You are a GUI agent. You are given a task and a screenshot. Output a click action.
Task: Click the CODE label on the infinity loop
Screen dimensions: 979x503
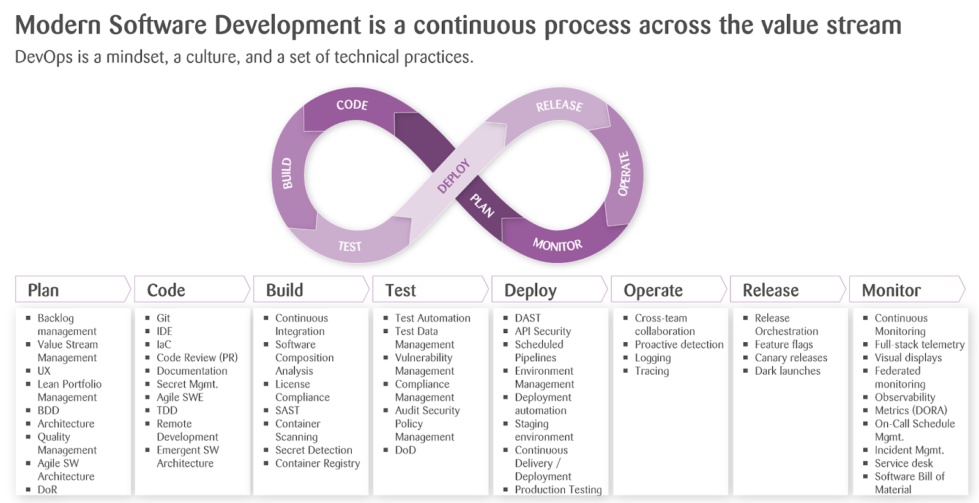[352, 105]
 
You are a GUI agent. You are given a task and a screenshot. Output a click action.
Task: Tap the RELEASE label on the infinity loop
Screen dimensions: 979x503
[559, 106]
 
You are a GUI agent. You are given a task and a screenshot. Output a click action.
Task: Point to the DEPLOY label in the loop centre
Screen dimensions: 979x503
[453, 176]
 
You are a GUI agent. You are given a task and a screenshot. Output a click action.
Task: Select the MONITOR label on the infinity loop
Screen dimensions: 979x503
[557, 245]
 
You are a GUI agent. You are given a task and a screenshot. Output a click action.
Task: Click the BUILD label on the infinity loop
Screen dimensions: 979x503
[287, 174]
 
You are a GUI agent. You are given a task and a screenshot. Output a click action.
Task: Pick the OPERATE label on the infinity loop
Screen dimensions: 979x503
[624, 174]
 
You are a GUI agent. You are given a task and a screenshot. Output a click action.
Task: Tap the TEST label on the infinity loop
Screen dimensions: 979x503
[349, 247]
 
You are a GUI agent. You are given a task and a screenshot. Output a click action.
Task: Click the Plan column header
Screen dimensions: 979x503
[43, 290]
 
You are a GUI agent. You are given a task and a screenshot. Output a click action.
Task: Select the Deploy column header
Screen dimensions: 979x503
[530, 291]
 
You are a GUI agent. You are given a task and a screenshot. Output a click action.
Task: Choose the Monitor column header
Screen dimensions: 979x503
[891, 290]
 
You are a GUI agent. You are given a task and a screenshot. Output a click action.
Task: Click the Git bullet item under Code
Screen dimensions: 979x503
[163, 318]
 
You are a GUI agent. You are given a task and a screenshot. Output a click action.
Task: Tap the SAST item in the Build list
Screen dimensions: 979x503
[287, 411]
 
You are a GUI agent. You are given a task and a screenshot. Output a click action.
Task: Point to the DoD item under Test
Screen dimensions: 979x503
[405, 450]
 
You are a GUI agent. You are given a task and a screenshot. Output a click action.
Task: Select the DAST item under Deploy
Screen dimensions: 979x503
[527, 318]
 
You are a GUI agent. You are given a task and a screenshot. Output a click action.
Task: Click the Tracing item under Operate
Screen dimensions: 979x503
[652, 371]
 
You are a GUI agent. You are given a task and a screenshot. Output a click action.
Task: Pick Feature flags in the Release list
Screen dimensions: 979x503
[784, 345]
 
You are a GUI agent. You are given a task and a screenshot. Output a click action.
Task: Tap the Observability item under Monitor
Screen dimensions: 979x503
[905, 397]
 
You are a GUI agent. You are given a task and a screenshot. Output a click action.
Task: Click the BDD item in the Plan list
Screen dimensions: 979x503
[48, 411]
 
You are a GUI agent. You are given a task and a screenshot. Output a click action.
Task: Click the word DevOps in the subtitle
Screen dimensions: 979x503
[43, 57]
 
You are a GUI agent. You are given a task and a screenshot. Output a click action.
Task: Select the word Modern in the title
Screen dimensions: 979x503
[58, 25]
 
